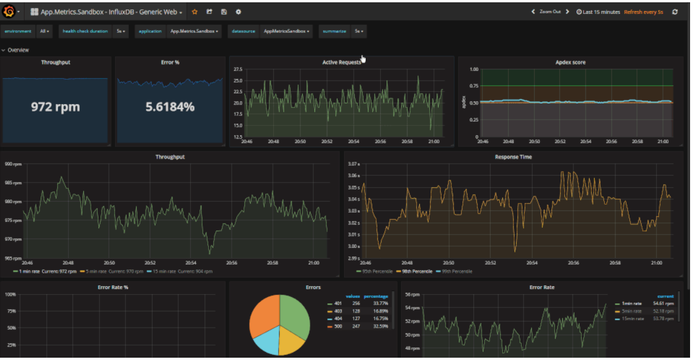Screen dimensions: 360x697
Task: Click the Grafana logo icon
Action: click(x=9, y=12)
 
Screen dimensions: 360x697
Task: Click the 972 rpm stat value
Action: click(x=55, y=107)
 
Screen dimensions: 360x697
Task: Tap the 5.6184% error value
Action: click(x=169, y=107)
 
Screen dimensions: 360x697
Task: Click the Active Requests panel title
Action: click(x=341, y=62)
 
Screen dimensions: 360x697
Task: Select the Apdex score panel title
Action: click(x=570, y=62)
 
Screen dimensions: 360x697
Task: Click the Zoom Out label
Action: click(x=550, y=12)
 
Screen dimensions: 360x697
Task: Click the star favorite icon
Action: click(x=194, y=12)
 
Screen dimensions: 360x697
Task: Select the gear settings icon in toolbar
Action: click(x=238, y=12)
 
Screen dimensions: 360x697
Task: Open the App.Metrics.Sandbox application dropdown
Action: click(x=194, y=31)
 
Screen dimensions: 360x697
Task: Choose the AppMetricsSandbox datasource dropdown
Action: click(x=286, y=31)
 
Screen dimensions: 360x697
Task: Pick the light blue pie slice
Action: click(x=266, y=342)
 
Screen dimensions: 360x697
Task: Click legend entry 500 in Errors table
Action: click(x=338, y=326)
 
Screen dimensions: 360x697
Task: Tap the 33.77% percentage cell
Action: click(x=379, y=303)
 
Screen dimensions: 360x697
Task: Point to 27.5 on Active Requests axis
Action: click(x=238, y=69)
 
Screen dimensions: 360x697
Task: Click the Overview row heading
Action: click(x=18, y=50)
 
